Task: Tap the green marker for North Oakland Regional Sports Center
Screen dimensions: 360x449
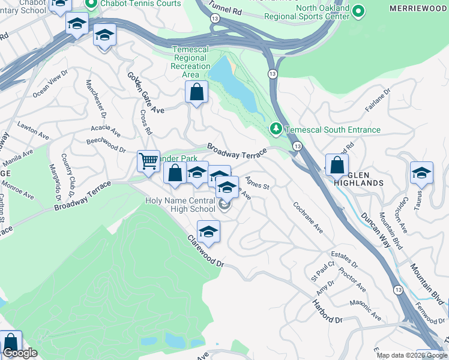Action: (x=358, y=11)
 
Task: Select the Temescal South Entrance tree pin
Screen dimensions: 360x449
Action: (x=276, y=129)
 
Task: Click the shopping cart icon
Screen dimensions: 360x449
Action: (x=148, y=161)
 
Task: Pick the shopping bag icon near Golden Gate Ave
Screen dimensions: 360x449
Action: (x=196, y=93)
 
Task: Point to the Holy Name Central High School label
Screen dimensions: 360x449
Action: (x=180, y=205)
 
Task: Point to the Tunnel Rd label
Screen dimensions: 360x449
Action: (x=226, y=8)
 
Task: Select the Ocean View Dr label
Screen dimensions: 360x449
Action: (x=50, y=88)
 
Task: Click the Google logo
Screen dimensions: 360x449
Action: (x=20, y=353)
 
